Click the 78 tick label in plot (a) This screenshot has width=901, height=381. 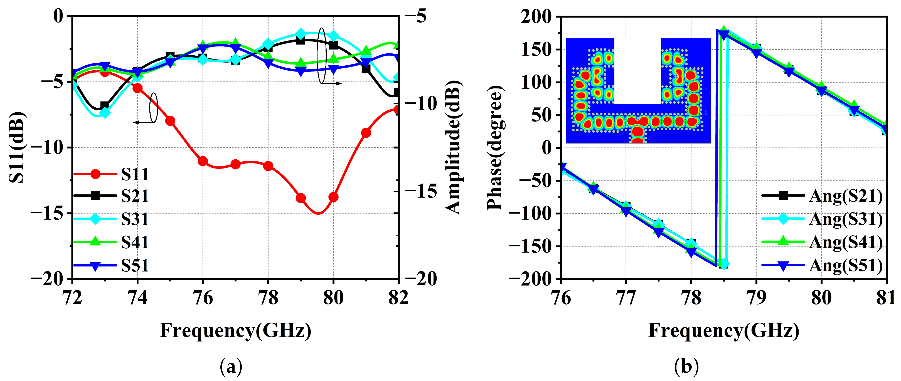(x=268, y=298)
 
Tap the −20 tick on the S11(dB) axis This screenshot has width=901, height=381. (x=47, y=279)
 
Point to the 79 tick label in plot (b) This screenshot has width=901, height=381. (x=756, y=298)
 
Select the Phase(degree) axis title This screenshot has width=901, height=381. (x=495, y=147)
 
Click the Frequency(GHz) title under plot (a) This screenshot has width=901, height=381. (x=235, y=330)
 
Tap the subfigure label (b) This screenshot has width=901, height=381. (x=686, y=367)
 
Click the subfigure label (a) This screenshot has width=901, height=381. (x=231, y=367)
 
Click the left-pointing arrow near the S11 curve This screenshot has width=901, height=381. (x=143, y=122)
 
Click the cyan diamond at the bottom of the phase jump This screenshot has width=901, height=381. (x=724, y=264)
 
